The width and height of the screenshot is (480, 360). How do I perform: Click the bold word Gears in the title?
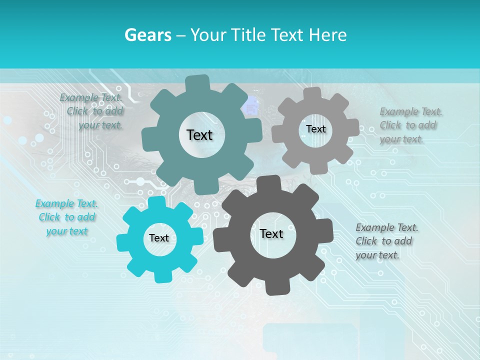tap(148, 35)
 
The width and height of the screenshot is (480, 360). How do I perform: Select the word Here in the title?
tap(328, 35)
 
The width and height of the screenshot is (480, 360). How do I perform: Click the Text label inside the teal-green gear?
tap(199, 135)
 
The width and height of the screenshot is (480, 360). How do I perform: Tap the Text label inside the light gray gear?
tap(315, 129)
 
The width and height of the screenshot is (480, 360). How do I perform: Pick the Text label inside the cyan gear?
tap(159, 238)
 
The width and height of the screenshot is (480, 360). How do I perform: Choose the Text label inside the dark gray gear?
tap(271, 233)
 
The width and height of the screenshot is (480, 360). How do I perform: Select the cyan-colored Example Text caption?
tap(67, 217)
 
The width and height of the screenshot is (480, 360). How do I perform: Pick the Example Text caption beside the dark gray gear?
tap(386, 241)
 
